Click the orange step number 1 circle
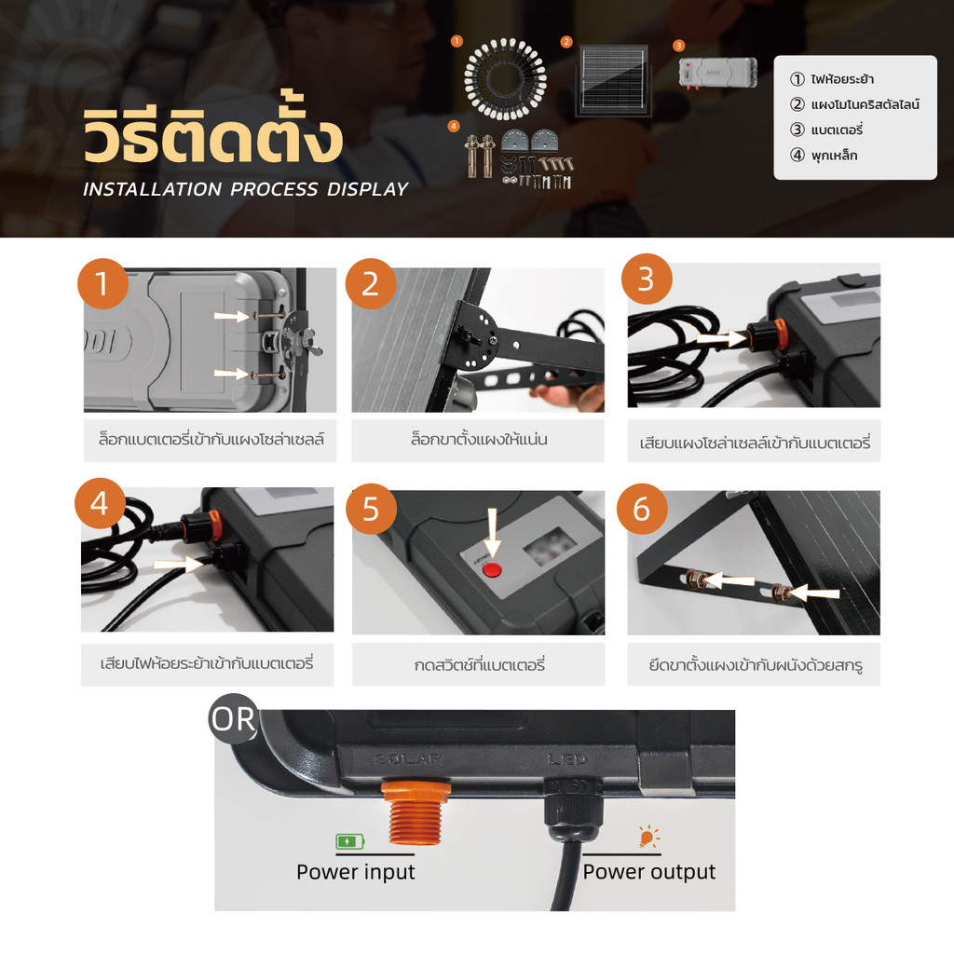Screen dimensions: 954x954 (x=102, y=283)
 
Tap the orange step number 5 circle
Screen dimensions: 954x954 (x=371, y=509)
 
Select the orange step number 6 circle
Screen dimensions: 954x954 (x=642, y=509)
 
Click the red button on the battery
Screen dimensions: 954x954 (x=492, y=569)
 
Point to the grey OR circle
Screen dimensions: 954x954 (x=233, y=718)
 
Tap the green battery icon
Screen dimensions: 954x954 (x=350, y=841)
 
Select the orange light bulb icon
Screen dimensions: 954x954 (x=648, y=837)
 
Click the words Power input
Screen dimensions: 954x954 (x=355, y=872)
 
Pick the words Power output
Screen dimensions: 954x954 (x=649, y=872)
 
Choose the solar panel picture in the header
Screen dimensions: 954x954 (x=613, y=80)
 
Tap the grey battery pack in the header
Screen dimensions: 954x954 (x=718, y=73)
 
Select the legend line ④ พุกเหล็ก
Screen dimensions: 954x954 (x=824, y=156)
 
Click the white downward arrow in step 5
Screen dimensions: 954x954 (x=492, y=532)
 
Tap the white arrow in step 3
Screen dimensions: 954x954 (x=722, y=337)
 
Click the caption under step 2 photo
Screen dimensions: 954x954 (x=479, y=440)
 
